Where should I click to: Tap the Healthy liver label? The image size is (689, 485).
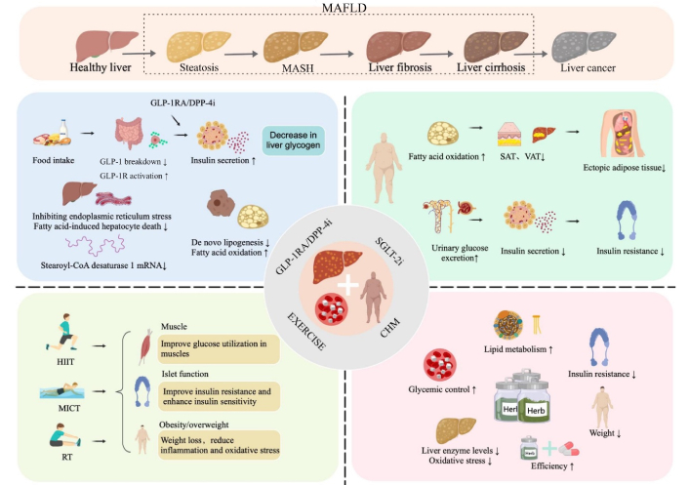[x=101, y=68]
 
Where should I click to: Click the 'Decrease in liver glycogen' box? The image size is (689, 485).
[x=293, y=140]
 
